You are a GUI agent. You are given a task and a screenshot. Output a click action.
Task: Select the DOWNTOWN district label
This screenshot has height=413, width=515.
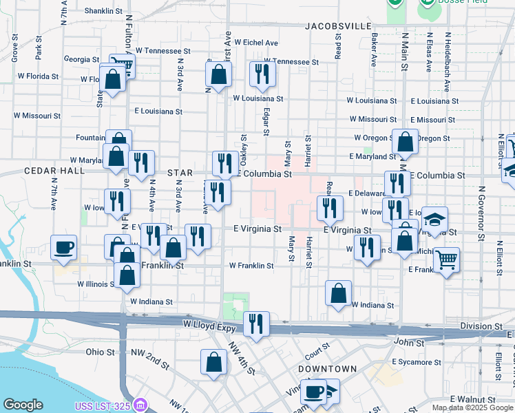327,369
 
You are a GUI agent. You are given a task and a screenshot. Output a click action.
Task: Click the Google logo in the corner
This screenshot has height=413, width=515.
23,404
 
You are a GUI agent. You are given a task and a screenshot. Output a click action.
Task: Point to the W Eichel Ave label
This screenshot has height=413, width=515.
255,42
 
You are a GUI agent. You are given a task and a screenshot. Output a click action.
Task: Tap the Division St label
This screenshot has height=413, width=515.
481,326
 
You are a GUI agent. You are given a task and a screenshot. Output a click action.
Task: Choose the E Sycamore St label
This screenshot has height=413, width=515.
416,361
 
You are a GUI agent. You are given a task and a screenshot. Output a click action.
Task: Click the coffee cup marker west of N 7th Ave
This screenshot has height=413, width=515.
64,247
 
